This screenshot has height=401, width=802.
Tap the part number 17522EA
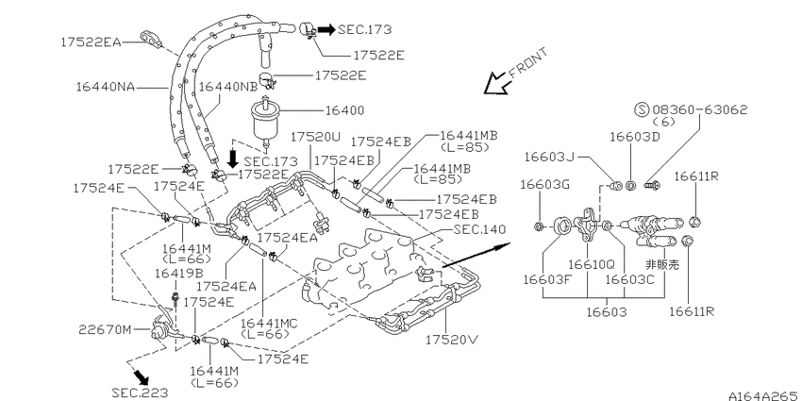90,42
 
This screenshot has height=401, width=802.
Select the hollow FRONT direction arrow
496,83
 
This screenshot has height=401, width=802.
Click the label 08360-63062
700,109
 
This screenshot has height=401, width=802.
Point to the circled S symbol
642,109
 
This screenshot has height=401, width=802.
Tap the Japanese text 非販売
661,264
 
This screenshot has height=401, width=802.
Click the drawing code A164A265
763,395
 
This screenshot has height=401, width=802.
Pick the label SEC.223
140,393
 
